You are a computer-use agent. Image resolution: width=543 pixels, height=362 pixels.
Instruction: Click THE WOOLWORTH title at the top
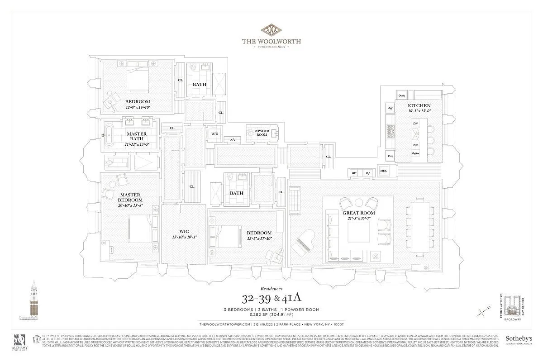(x=271, y=41)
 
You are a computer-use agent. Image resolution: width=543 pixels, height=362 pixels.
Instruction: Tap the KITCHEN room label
(x=406, y=105)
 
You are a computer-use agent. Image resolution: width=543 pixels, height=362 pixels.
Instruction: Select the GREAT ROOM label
(x=359, y=213)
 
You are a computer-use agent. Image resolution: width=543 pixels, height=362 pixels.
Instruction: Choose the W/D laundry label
(x=214, y=133)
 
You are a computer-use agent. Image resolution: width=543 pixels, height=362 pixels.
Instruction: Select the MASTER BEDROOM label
(x=130, y=197)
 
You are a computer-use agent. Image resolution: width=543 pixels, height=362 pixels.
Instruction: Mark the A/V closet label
(x=233, y=140)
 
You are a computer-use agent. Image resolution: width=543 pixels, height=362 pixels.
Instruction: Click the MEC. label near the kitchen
(x=384, y=171)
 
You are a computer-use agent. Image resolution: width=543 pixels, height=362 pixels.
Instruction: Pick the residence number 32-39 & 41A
(x=271, y=298)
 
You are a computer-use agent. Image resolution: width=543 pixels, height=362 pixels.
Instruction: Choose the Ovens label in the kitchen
(x=402, y=95)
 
